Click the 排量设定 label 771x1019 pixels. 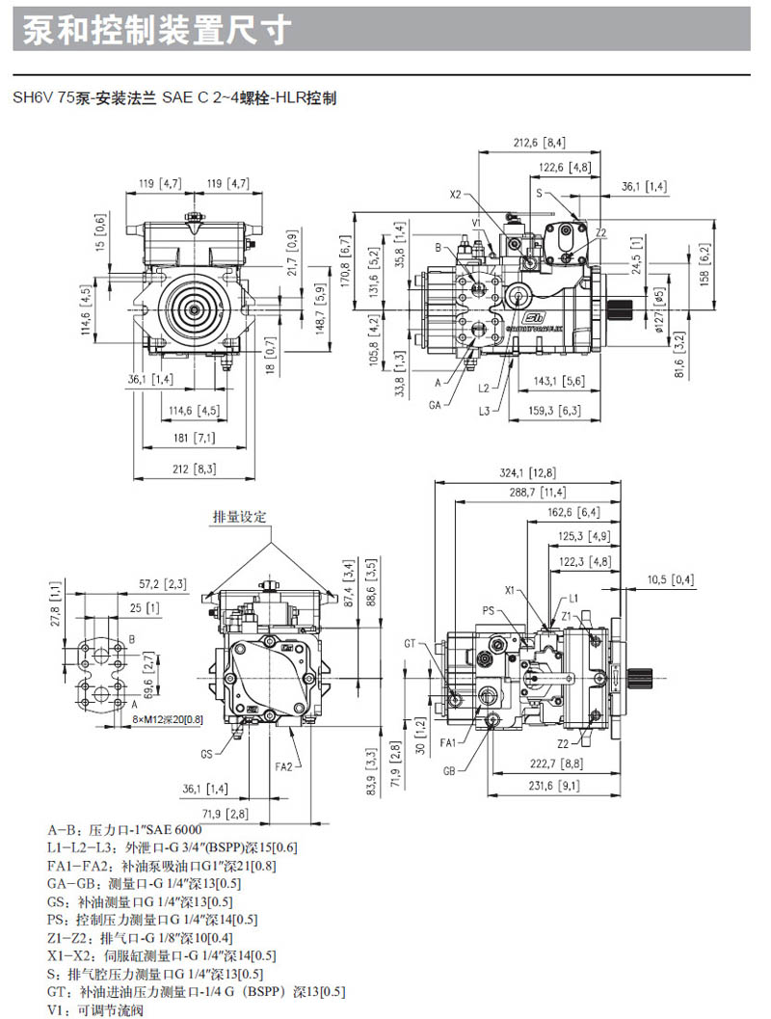(239, 518)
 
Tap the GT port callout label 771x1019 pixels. (410, 642)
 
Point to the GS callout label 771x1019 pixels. (206, 753)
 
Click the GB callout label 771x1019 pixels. (450, 771)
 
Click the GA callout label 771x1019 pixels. (436, 406)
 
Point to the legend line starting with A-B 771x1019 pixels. (124, 828)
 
